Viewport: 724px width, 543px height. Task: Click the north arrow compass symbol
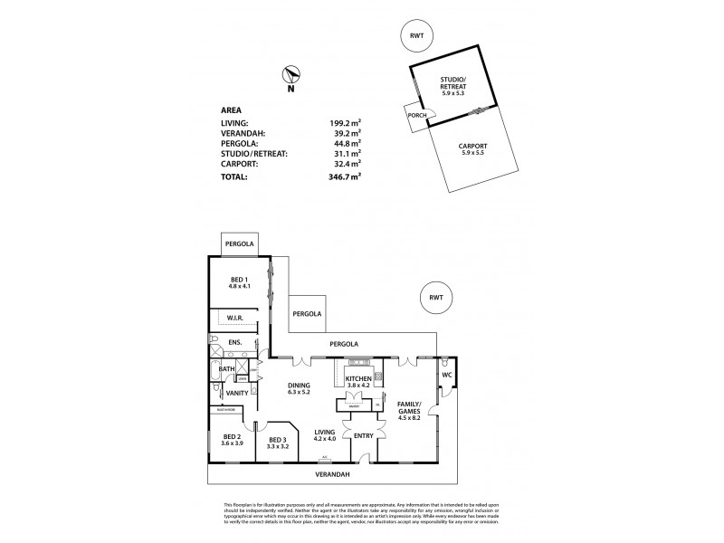[291, 77]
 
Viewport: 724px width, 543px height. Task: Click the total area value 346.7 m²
[345, 177]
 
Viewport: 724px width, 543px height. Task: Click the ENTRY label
[362, 436]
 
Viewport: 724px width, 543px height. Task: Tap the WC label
[448, 374]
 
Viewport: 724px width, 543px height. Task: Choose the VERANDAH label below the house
[332, 473]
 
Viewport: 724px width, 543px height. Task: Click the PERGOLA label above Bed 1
[240, 244]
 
